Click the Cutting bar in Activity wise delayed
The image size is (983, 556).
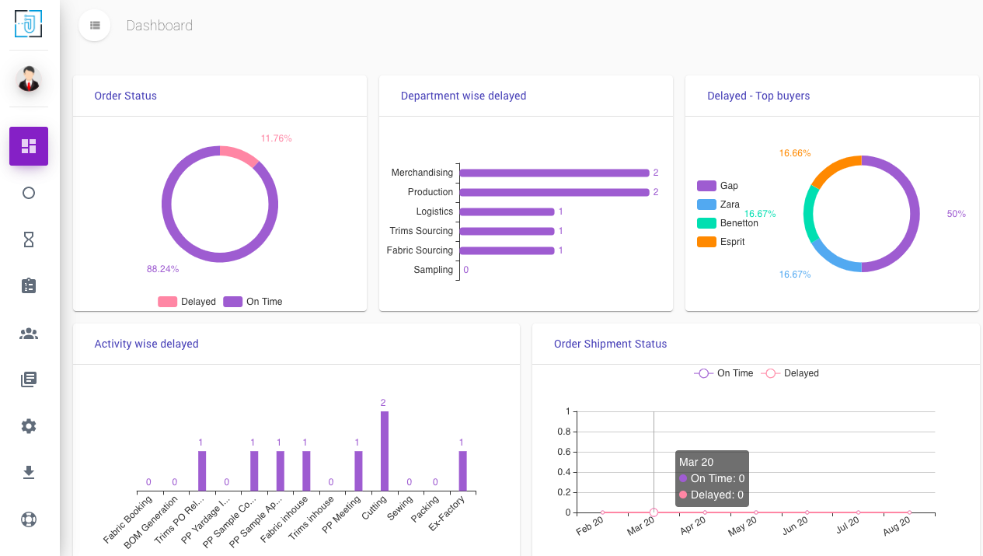(x=384, y=451)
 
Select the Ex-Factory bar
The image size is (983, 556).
(x=462, y=470)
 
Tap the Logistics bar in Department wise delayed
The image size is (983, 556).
(x=507, y=212)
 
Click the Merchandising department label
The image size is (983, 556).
(x=422, y=173)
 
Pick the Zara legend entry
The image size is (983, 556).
(x=729, y=205)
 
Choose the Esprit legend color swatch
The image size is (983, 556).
(x=706, y=242)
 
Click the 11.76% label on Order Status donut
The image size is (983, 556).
(x=276, y=138)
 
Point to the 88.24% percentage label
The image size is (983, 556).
(x=162, y=269)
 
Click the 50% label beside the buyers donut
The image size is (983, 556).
(x=956, y=214)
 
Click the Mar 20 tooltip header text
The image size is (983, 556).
(x=696, y=462)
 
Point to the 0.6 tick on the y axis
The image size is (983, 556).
(x=564, y=452)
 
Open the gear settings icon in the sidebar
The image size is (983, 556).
(x=29, y=426)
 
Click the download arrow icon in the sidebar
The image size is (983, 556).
(x=29, y=472)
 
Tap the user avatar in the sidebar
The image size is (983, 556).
(x=29, y=79)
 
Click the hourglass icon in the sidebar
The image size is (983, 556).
(x=29, y=240)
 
